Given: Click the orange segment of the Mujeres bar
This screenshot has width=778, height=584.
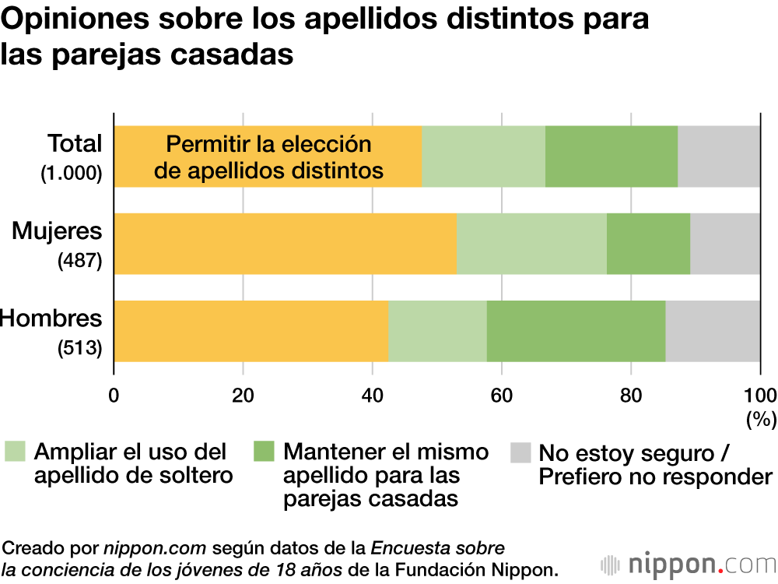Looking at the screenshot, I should point(286,243).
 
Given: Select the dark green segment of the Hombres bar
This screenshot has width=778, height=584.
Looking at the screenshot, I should point(576,330).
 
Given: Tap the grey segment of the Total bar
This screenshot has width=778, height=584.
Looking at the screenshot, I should point(719,156).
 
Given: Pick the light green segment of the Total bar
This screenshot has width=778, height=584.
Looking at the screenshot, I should point(483,156).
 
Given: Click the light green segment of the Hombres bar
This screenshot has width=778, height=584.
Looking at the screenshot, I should point(437,330).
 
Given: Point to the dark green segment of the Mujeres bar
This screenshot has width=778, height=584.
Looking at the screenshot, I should point(648,243).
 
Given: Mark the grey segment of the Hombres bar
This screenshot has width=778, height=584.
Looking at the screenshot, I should point(713,330).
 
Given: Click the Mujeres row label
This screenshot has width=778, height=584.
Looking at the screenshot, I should point(57,231).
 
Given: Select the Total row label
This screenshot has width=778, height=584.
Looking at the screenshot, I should point(75,144).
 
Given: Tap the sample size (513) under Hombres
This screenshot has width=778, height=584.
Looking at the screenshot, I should point(80,349).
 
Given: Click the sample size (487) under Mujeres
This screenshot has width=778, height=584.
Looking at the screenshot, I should point(80,262).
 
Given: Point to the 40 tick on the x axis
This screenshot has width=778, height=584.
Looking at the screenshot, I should point(372,392).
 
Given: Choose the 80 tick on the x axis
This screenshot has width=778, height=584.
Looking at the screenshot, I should point(630,392).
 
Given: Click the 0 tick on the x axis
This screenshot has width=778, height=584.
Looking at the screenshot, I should point(114,392).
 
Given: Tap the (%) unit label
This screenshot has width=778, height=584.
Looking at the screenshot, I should point(761,420).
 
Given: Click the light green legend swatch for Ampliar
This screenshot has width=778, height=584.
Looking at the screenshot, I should point(15,452).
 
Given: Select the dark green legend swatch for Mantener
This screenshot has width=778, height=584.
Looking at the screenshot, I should point(265,452).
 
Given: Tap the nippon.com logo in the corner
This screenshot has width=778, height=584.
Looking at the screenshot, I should point(689,564).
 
